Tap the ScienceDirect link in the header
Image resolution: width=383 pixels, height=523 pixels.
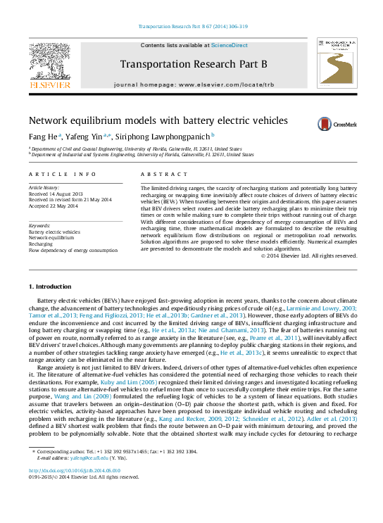click(x=230, y=45)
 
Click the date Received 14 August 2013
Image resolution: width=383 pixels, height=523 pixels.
click(x=56, y=194)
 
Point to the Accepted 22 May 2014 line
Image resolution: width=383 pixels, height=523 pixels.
click(x=54, y=205)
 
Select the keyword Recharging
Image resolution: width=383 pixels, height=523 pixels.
click(x=42, y=244)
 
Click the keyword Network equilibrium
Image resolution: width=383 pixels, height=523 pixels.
click(x=52, y=238)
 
